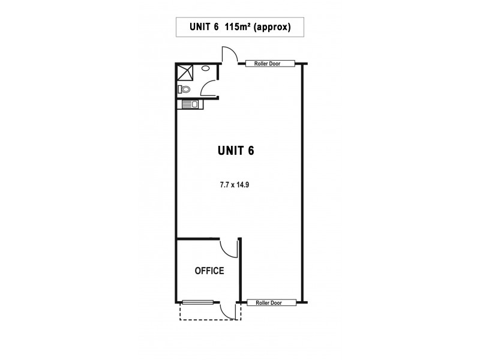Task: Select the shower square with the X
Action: tap(184, 73)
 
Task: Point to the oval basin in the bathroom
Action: tap(206, 69)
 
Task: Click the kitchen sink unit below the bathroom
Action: tap(191, 105)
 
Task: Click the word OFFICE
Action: tap(209, 271)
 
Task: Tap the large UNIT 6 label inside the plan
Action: tap(235, 151)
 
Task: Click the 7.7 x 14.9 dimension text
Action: tap(235, 185)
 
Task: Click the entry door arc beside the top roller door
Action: tap(229, 54)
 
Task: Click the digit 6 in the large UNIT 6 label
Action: tap(250, 151)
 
